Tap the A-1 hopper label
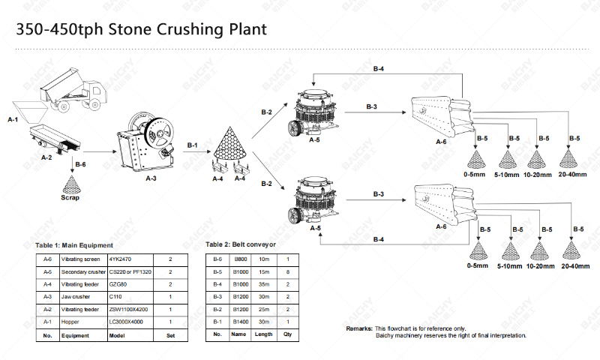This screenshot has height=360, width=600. coord(13,120)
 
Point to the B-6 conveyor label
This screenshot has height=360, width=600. coord(80,164)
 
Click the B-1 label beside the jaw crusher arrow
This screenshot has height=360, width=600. coord(193,145)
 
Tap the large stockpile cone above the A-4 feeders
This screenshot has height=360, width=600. coord(229,144)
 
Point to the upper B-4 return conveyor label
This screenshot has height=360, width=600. coord(379,69)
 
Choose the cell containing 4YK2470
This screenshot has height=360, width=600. coord(130,259)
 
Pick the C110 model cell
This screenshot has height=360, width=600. coord(130,297)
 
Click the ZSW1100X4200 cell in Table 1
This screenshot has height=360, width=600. coord(130,310)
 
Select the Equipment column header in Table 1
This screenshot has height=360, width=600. coord(84,335)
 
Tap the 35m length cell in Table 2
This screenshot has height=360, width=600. coord(264,284)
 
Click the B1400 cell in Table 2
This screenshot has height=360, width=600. coord(241,322)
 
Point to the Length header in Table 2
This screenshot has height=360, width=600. coord(264,334)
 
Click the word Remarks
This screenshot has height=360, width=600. coord(359,328)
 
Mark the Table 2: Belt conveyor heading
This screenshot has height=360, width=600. coord(241,244)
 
